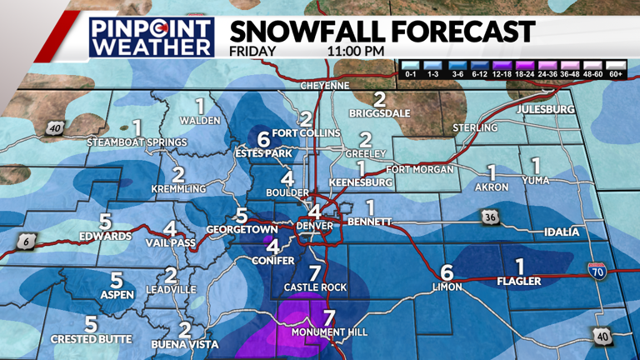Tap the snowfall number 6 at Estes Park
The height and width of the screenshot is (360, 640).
point(263,138)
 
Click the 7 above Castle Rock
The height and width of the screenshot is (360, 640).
point(314,272)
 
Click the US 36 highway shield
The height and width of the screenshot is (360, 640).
point(488,217)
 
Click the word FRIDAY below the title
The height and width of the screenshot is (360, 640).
point(252,51)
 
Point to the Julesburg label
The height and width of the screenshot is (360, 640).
point(546,109)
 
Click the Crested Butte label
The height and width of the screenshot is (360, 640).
point(91,338)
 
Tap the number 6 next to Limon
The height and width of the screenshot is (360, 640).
point(447,272)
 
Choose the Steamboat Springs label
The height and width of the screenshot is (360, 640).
point(137,142)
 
